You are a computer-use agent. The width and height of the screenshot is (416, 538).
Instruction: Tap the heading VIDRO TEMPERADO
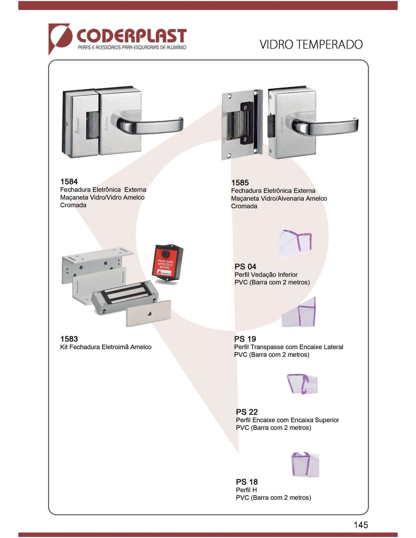311,45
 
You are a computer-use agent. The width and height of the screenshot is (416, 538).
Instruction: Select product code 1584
69,182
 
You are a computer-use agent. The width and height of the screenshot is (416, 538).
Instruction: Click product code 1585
240,183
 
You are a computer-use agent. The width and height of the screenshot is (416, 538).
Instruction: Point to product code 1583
69,339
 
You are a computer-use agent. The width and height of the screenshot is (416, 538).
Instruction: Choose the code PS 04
245,266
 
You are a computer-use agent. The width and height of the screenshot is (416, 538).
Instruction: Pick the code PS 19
245,339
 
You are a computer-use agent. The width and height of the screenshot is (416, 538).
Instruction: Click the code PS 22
247,412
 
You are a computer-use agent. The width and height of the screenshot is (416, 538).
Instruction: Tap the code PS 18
247,482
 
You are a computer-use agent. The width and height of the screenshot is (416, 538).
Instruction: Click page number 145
361,525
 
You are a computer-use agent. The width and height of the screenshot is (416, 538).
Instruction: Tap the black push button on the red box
165,254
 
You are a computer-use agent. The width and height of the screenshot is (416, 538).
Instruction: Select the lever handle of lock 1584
149,125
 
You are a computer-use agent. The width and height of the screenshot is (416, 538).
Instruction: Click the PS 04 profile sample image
295,244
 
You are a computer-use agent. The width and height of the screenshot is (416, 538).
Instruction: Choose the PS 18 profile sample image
305,464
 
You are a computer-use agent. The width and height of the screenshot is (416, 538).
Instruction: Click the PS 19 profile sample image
299,312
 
